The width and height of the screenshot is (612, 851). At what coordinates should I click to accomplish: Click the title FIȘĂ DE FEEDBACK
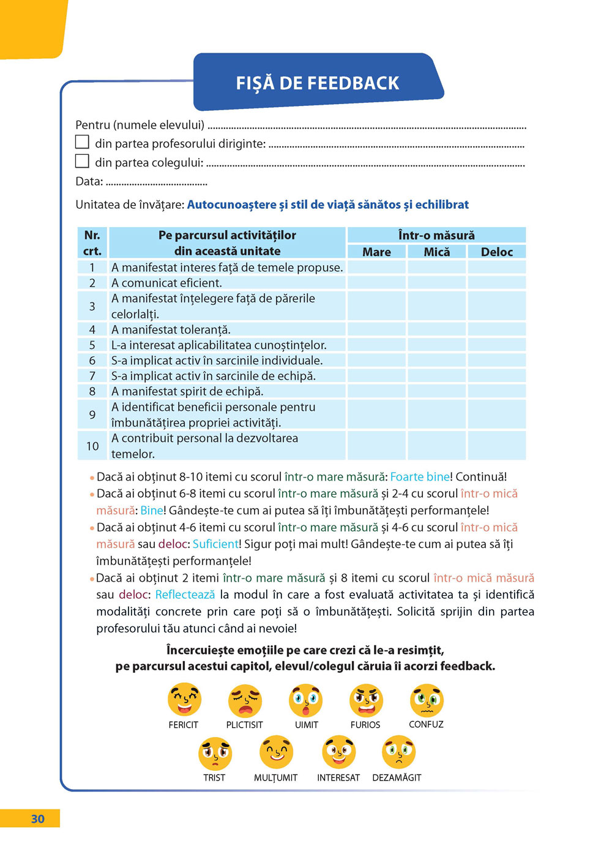318,83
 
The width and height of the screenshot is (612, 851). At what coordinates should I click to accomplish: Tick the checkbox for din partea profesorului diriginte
82,142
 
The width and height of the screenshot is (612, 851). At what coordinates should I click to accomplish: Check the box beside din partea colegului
82,161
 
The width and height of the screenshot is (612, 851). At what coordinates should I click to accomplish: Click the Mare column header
376,252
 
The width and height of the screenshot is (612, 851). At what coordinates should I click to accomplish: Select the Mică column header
437,252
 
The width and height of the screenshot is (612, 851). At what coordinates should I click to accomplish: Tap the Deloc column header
496,252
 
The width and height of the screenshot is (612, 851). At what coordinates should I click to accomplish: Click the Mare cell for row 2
376,283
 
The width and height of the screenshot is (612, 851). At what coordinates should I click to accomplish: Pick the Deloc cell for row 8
496,391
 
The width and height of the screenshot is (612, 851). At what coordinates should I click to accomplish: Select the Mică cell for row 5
437,345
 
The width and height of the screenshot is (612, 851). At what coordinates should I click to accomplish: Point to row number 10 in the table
92,446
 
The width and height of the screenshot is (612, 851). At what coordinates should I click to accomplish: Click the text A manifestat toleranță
171,329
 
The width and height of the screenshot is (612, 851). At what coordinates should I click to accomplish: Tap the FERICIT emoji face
184,700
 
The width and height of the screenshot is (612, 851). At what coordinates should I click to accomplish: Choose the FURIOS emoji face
366,700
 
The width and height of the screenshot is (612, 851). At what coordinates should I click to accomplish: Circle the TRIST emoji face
215,754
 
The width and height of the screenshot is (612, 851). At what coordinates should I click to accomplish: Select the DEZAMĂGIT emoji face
398,752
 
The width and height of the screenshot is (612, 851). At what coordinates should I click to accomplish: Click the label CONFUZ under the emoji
426,724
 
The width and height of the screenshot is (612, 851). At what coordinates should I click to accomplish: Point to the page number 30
38,819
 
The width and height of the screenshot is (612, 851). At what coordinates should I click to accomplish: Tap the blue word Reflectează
185,594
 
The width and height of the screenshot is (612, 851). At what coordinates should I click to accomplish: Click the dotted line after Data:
157,183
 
